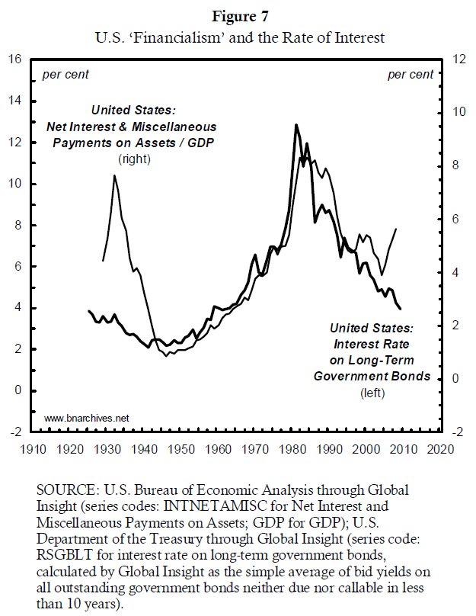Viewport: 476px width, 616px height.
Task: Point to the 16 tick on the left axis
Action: click(x=14, y=60)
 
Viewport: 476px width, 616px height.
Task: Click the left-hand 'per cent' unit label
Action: click(x=65, y=74)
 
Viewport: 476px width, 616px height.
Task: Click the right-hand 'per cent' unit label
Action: click(x=411, y=74)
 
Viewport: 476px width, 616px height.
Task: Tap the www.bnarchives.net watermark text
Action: click(x=87, y=418)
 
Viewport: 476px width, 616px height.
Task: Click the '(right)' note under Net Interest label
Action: click(x=134, y=159)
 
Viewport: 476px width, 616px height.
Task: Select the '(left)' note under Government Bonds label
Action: click(x=372, y=393)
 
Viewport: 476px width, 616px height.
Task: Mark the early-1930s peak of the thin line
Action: click(x=114, y=176)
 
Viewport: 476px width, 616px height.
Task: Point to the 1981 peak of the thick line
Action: click(x=296, y=125)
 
